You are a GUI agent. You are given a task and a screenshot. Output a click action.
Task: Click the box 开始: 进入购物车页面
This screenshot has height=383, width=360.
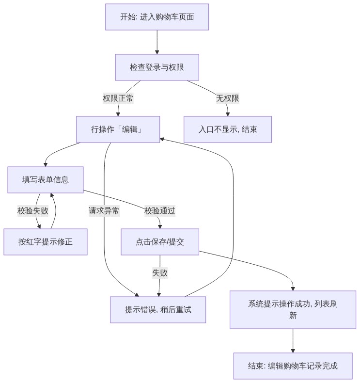(157, 17)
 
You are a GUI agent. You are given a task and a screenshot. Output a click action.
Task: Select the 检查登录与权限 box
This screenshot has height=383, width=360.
(157, 67)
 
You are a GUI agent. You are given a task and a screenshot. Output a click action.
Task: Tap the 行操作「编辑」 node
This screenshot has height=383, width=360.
(118, 129)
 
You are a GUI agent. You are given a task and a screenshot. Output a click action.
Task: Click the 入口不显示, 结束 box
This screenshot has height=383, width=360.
(227, 129)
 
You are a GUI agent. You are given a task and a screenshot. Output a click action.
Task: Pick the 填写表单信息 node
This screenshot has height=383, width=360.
(46, 180)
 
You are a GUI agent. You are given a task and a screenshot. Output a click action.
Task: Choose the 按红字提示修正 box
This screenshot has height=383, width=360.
(46, 242)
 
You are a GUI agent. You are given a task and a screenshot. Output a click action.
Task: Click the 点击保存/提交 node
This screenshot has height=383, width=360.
(160, 242)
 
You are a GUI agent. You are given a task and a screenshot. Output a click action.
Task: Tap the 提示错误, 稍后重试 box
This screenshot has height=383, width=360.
(158, 310)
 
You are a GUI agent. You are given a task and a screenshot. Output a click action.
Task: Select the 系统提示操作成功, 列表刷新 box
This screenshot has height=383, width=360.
(293, 310)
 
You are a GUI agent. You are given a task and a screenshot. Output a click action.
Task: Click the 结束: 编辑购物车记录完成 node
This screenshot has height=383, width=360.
(293, 366)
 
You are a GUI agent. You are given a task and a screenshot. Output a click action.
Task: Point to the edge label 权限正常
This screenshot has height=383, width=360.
(118, 98)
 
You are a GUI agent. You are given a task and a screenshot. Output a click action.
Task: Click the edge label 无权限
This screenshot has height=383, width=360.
(227, 98)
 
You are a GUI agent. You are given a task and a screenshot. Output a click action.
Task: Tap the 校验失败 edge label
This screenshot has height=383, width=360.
(33, 210)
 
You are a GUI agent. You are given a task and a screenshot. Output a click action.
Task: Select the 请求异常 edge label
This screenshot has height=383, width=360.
(104, 210)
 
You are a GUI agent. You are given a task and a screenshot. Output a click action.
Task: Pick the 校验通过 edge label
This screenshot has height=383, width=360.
(159, 210)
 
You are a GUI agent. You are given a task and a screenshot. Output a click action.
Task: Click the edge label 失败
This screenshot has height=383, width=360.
(160, 272)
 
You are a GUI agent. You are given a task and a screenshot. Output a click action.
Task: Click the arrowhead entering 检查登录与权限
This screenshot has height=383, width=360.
(157, 52)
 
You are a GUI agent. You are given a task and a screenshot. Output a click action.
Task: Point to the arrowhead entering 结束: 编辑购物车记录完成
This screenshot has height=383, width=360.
(293, 351)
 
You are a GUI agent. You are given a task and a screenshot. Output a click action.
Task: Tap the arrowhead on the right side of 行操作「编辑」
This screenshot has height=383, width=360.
(161, 139)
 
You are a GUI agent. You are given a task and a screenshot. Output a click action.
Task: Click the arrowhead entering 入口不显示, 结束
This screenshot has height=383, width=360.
(228, 114)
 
